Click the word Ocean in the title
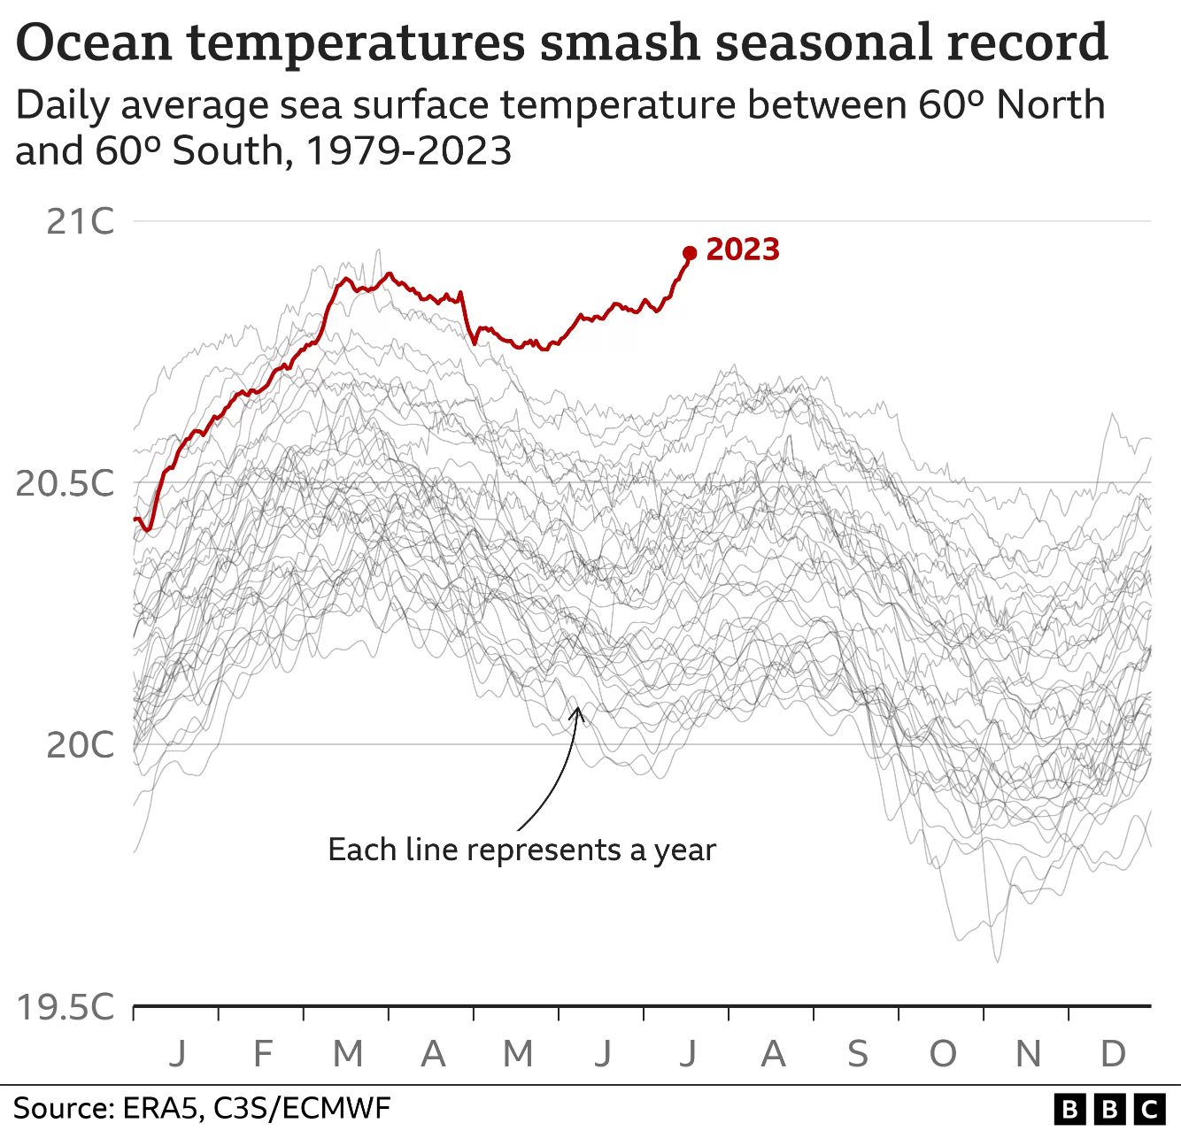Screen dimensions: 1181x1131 [x=94, y=42]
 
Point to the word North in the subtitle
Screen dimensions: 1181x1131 [x=1051, y=105]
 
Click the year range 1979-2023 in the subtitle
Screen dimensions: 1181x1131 [x=409, y=150]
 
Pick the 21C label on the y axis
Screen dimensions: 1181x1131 [x=80, y=221]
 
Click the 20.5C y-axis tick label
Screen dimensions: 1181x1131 [x=65, y=483]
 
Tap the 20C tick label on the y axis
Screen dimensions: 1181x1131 [x=80, y=745]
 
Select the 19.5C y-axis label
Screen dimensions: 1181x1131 [x=65, y=1007]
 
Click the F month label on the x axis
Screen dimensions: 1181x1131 [x=262, y=1054]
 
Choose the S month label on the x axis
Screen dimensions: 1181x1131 [x=858, y=1054]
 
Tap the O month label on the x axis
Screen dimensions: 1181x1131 [x=943, y=1054]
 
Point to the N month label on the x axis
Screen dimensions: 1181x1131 [x=1029, y=1054]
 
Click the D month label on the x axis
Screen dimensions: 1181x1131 [x=1113, y=1054]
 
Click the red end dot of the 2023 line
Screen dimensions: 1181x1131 [x=690, y=253]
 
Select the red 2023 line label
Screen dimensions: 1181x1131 [x=743, y=250]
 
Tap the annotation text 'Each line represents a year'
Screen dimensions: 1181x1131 [x=522, y=850]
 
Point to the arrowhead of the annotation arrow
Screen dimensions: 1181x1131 [x=577, y=712]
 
